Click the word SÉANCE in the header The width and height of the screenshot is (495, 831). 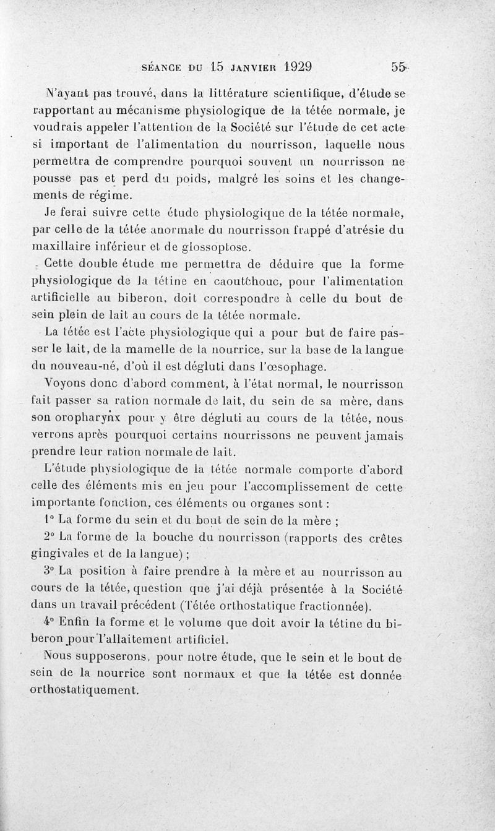161,67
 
